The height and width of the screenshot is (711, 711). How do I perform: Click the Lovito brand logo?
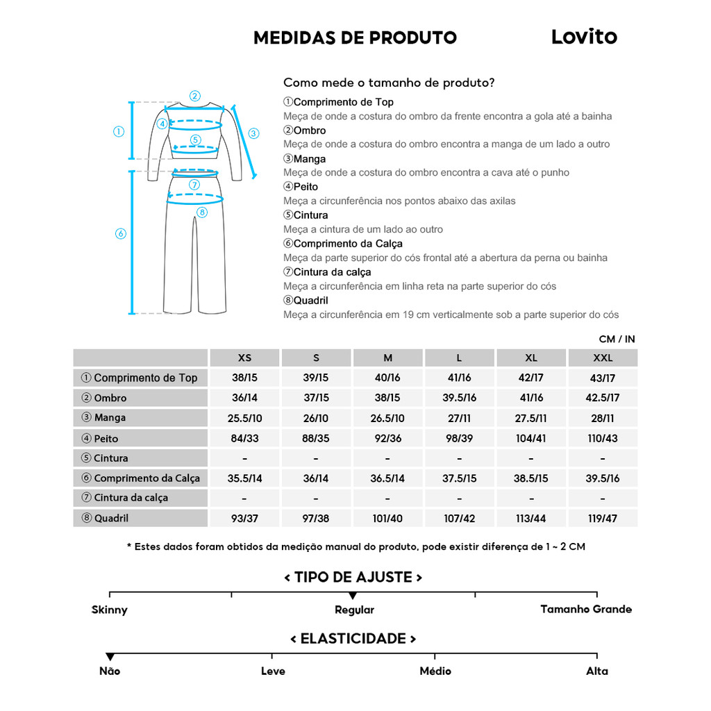[x=584, y=37]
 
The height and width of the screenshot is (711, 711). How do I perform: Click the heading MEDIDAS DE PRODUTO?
[x=355, y=37]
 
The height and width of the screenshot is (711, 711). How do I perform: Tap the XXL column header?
[x=602, y=358]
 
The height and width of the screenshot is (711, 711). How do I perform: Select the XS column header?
[x=244, y=358]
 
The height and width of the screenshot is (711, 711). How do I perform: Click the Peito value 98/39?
[x=459, y=438]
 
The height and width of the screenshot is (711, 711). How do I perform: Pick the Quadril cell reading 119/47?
[x=602, y=518]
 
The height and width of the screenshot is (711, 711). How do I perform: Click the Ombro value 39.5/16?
[x=459, y=398]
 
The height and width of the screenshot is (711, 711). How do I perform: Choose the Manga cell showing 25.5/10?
[x=244, y=418]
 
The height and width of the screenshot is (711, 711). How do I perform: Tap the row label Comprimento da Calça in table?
[x=147, y=478]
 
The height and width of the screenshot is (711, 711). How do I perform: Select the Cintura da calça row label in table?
[x=131, y=498]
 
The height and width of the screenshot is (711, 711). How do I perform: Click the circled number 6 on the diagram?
[x=120, y=233]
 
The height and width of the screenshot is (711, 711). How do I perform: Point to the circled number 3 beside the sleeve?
[x=253, y=133]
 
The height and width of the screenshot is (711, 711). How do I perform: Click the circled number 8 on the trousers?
[x=202, y=212]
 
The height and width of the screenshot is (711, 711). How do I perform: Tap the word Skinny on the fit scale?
[x=110, y=610]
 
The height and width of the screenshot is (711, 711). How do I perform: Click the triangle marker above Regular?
[x=353, y=596]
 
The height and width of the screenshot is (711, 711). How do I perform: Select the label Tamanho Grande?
[x=586, y=609]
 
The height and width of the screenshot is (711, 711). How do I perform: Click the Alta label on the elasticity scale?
[x=596, y=671]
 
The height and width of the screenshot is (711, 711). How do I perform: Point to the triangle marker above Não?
[x=110, y=657]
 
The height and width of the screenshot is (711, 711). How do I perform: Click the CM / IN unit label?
[x=617, y=339]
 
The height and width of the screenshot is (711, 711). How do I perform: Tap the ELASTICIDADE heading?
[x=353, y=639]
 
